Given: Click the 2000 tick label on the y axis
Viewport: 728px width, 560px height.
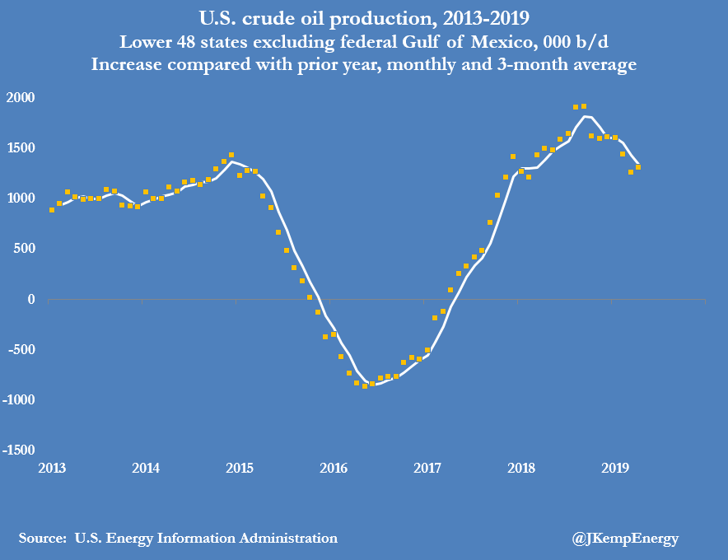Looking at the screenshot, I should coord(21,97).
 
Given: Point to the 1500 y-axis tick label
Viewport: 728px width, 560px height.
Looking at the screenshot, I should coord(21,147).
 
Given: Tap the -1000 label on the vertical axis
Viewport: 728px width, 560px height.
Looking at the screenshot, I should coord(19,399).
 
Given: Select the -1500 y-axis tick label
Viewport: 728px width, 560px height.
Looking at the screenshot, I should coord(19,450).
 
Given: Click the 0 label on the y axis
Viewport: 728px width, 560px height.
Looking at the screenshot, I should coord(30,299).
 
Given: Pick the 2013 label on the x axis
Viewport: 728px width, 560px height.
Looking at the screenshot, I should coord(51,469).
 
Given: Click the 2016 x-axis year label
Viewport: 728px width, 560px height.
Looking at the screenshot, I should coord(334,469).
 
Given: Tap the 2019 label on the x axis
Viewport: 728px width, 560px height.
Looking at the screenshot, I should coord(616,469).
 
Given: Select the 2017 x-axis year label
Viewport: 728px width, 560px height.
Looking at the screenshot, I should coord(427,469).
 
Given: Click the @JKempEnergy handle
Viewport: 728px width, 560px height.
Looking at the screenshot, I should coord(625,539).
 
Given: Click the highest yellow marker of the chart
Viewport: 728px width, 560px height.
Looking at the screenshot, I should coord(583,106).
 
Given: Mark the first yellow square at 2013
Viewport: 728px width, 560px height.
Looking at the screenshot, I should coord(52,210).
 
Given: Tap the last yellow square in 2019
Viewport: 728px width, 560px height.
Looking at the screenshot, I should coord(638,167).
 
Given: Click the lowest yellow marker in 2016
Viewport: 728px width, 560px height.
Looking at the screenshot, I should coord(365,385).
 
